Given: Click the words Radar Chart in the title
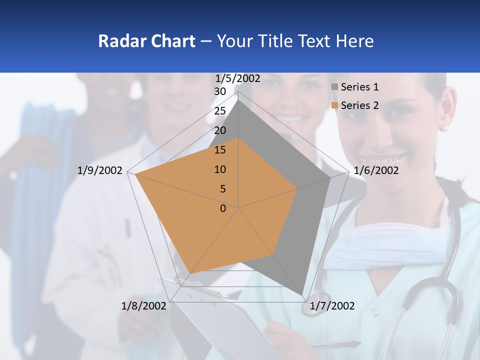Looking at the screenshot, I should pos(146,41).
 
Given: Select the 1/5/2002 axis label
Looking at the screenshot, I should pos(237,78).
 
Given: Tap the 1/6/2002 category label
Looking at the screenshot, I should pos(376,170).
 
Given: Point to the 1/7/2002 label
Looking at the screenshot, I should pos(332,305).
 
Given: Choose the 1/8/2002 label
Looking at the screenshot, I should pos(144,305).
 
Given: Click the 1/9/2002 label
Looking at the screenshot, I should pos(99,170).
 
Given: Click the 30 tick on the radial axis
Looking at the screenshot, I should pos(220,92).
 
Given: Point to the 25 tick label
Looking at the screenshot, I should pos(220,111).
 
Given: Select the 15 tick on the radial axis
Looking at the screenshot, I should pos(220,150).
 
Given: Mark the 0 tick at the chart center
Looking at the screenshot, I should pos(223,208).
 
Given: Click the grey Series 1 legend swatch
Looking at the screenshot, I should pos(334,87).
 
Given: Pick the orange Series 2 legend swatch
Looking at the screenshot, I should pos(334,105).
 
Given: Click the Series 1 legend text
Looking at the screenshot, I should pos(359,87).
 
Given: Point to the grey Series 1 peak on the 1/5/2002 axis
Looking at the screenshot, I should pos(238,100).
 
